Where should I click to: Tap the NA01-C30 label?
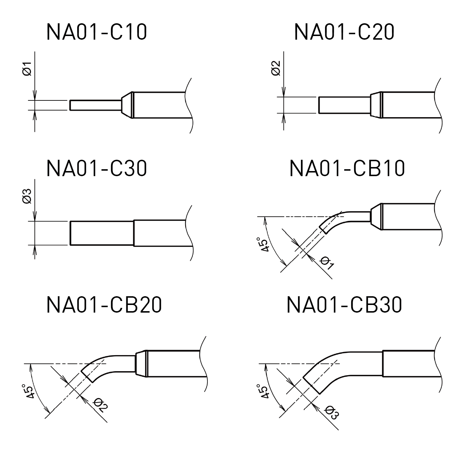coord(97,168)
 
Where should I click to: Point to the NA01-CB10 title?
coord(347,168)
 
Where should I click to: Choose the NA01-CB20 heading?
coord(104,305)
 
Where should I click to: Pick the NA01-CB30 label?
coord(344,305)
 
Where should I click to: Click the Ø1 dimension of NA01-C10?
coord(27,69)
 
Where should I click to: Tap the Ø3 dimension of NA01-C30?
coord(27,195)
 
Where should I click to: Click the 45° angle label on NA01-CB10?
coord(263,244)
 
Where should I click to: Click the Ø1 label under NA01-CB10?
coord(327,263)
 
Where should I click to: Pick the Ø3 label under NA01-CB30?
coord(332,412)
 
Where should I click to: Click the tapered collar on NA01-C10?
coord(126,105)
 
